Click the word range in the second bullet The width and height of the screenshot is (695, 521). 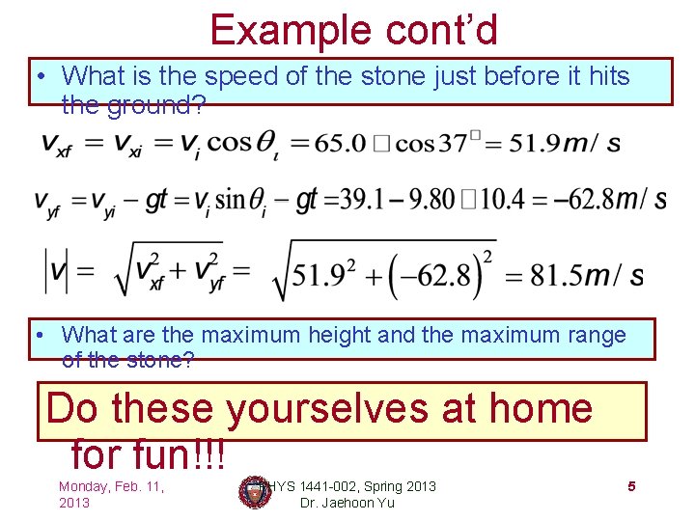[x=592, y=335]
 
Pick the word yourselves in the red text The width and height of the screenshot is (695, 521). [x=329, y=408]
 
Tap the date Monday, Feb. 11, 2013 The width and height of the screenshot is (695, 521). [x=111, y=494]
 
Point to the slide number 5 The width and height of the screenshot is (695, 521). [x=631, y=486]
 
